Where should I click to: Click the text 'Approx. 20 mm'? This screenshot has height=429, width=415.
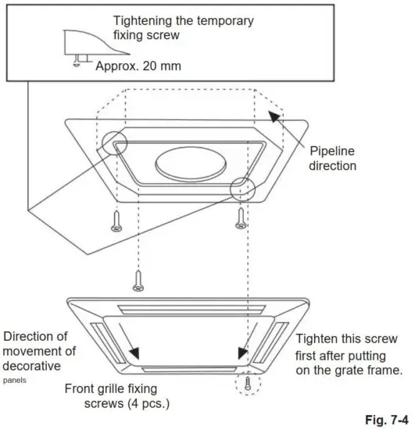click(x=138, y=66)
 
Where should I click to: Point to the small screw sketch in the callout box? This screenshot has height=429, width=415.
click(x=77, y=60)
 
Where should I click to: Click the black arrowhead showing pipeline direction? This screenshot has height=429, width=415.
click(x=274, y=117)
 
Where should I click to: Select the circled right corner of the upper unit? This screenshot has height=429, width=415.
click(x=241, y=190)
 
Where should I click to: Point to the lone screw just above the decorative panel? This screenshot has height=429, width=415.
click(x=138, y=280)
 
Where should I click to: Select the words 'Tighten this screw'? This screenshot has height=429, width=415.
click(x=347, y=339)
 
